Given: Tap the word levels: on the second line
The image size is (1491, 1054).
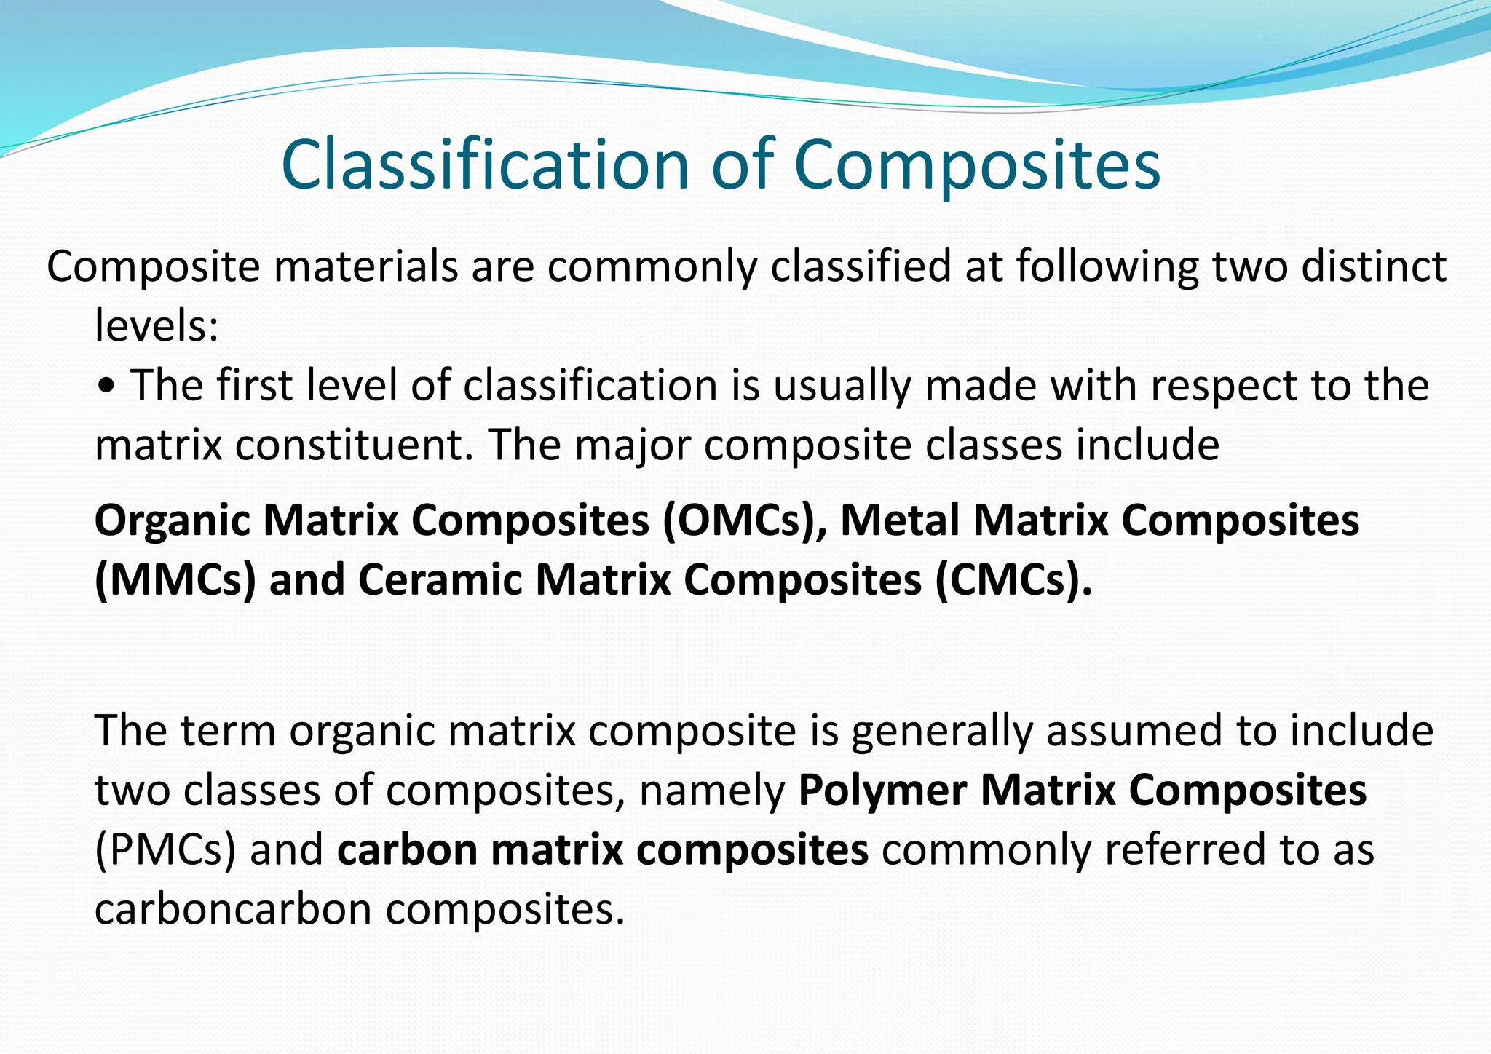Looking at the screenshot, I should pyautogui.click(x=157, y=325).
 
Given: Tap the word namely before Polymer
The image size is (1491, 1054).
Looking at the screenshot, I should pyautogui.click(x=711, y=791).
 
